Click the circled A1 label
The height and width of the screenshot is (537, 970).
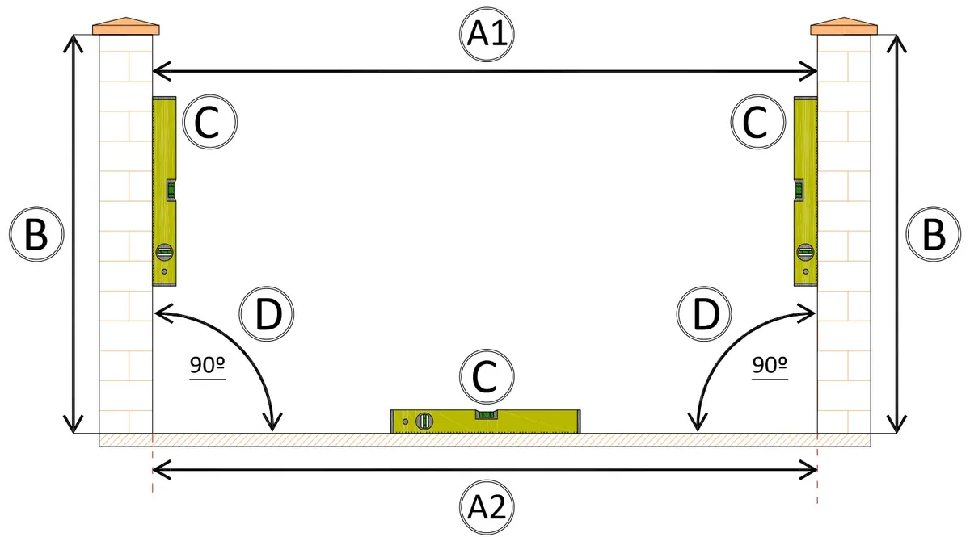(x=487, y=35)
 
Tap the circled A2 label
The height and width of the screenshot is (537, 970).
(x=487, y=507)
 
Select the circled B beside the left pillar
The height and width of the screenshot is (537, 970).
(x=36, y=234)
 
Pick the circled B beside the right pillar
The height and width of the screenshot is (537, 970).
(x=934, y=234)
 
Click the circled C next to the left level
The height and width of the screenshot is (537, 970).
(x=210, y=122)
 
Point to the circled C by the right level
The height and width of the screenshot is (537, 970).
(x=758, y=122)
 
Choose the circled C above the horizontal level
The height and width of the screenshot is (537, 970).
(x=487, y=376)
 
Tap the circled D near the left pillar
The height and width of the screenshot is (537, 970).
(x=267, y=313)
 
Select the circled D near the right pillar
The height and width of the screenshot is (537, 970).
(x=704, y=313)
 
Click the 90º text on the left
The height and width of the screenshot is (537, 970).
(x=208, y=365)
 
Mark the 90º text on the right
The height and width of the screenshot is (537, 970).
(x=770, y=365)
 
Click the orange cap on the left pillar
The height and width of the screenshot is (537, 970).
(x=126, y=26)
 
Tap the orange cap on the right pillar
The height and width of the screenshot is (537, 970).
(x=844, y=26)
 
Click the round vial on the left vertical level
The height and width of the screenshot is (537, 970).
(x=165, y=252)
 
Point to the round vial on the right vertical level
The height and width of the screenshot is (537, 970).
(x=805, y=252)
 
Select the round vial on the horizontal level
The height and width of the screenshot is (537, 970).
(x=424, y=421)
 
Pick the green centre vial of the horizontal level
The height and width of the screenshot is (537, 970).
(x=487, y=415)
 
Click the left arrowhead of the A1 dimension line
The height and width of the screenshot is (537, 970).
(x=161, y=71)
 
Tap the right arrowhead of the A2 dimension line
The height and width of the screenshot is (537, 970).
(x=808, y=470)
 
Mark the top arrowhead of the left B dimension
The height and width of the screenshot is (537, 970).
(x=74, y=44)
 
